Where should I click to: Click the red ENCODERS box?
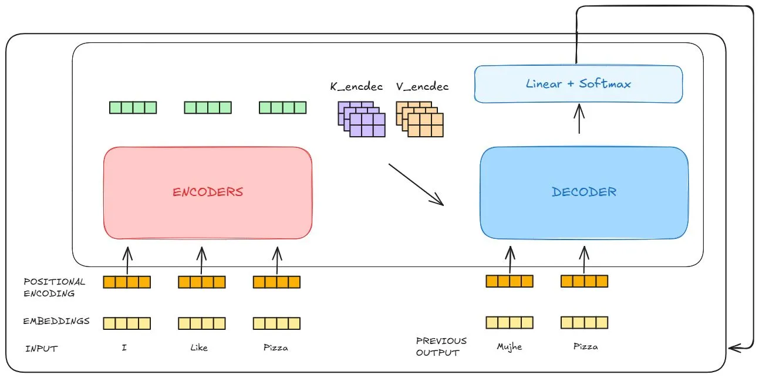(207, 193)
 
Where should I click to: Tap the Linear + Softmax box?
(578, 84)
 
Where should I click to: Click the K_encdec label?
(356, 87)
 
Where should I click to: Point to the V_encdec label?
(422, 87)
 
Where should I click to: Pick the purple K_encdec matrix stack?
(361, 119)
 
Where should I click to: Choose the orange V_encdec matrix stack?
(419, 119)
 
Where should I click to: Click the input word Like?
(200, 348)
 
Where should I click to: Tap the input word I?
(124, 348)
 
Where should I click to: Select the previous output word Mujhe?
(509, 347)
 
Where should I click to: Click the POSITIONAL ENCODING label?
(54, 288)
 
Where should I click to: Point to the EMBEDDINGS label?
(56, 321)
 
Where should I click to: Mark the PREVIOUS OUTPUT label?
(441, 346)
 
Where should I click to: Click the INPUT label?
(42, 349)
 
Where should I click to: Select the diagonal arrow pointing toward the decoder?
(416, 184)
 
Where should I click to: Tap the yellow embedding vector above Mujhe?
(510, 322)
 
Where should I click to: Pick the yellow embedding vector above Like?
(202, 323)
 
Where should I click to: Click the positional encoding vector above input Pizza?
(276, 282)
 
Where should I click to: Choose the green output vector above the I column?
(133, 107)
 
